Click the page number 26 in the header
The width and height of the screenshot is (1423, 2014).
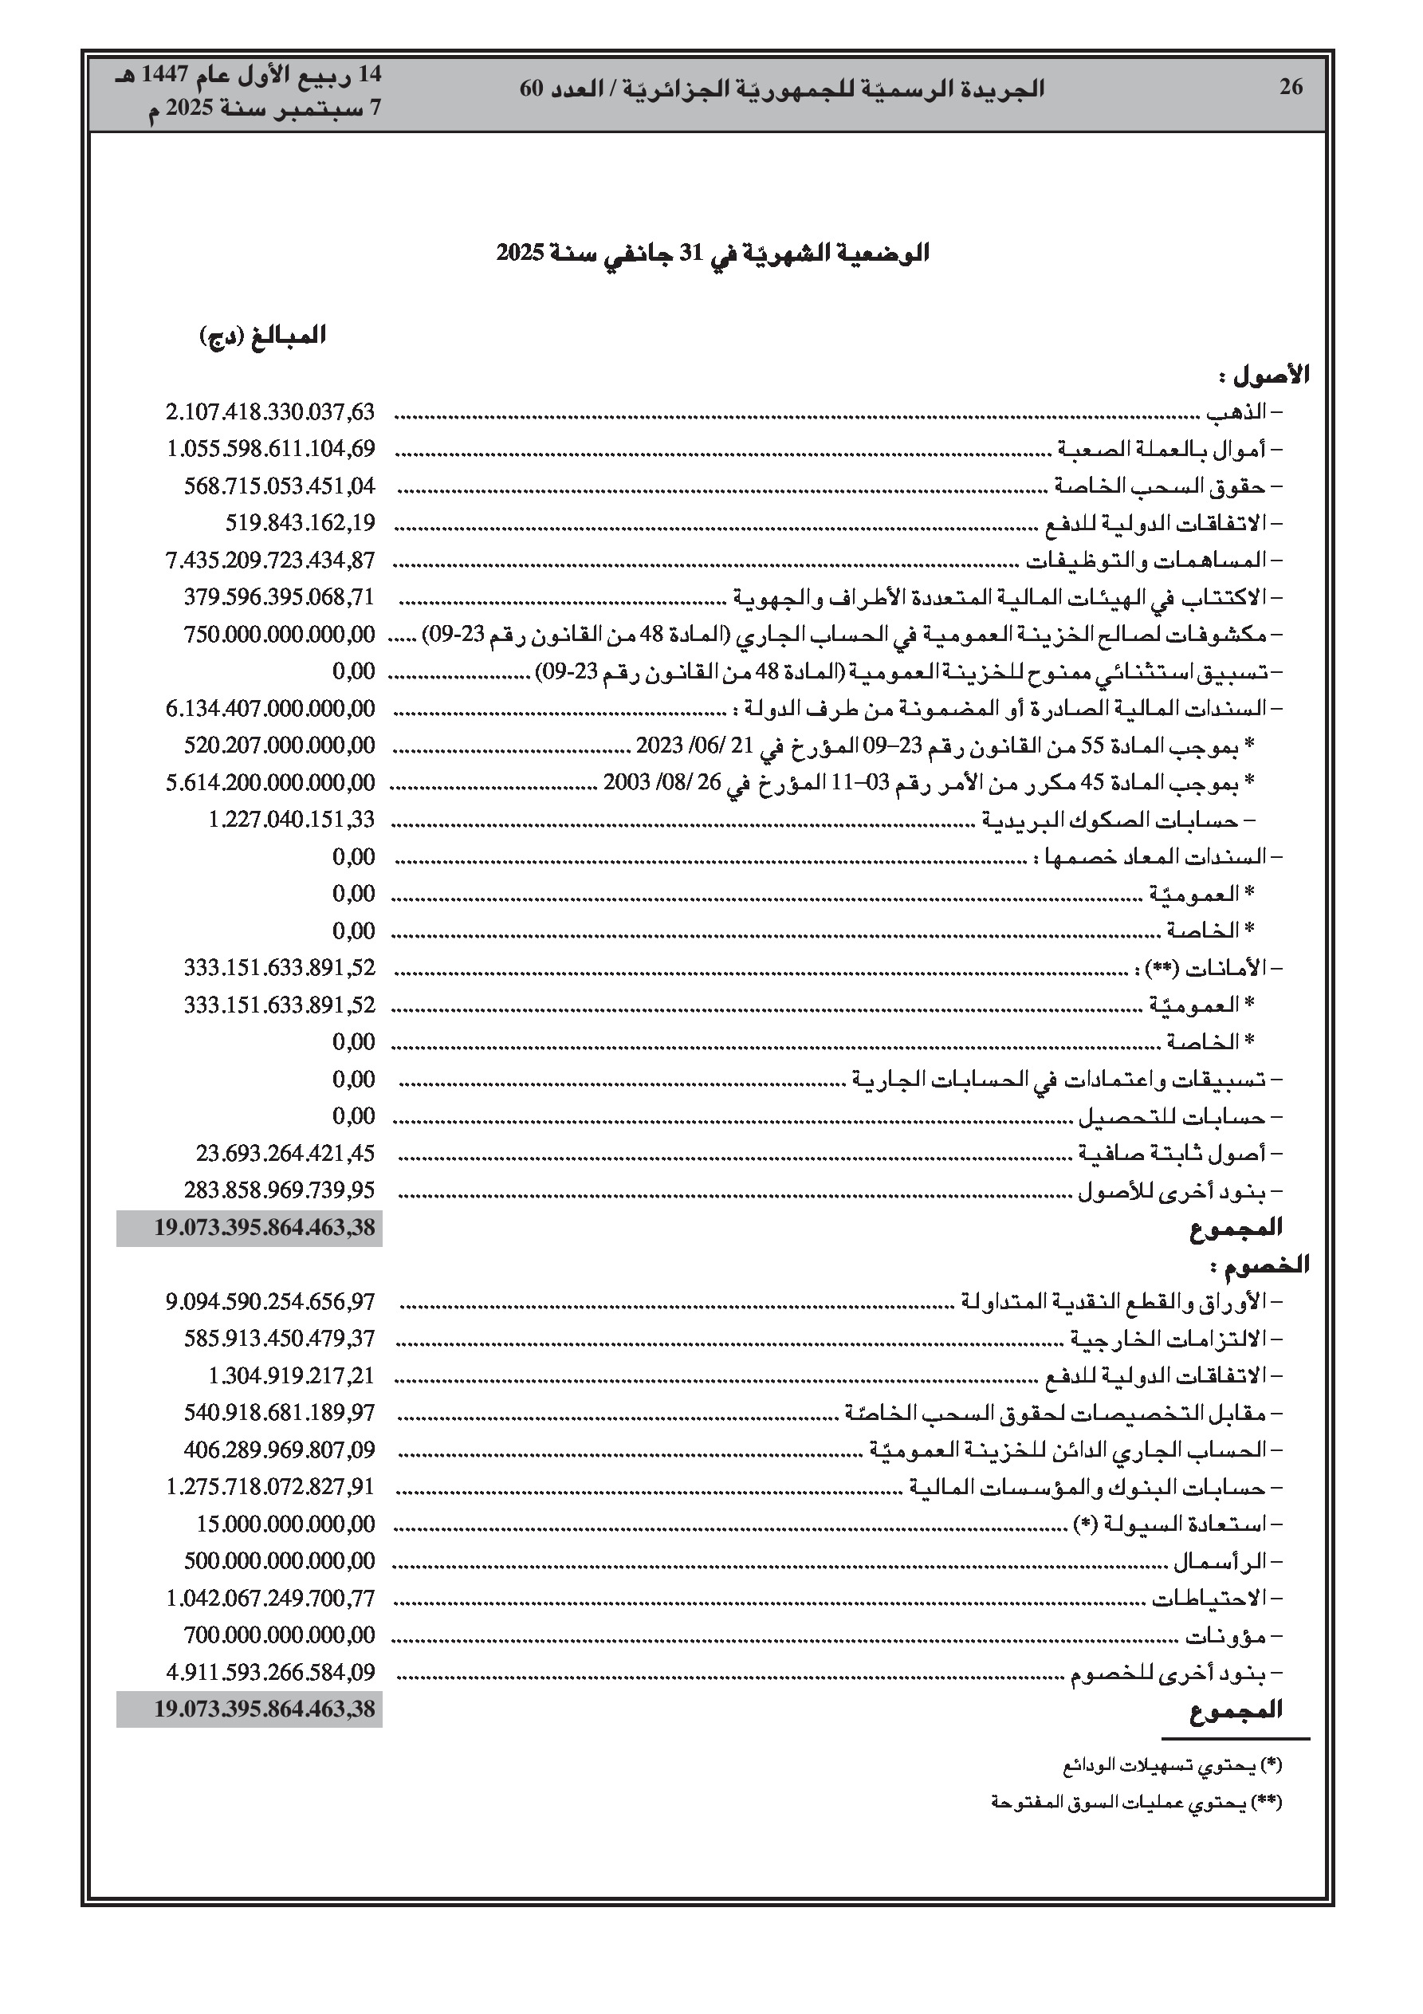point(1291,87)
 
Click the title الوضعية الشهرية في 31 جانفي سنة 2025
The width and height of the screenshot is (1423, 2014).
point(713,254)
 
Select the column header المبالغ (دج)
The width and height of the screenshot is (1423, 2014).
point(262,336)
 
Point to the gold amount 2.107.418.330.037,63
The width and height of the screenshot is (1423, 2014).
point(270,411)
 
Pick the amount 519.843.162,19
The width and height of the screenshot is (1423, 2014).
point(300,523)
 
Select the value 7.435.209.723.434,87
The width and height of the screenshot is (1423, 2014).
point(270,560)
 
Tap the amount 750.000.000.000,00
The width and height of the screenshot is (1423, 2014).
point(279,633)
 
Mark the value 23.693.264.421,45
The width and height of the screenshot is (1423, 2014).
point(285,1153)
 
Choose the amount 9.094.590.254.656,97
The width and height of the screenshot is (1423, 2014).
point(270,1302)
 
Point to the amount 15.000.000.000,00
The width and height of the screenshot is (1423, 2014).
point(285,1524)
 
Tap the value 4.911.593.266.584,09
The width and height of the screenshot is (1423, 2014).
point(270,1672)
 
